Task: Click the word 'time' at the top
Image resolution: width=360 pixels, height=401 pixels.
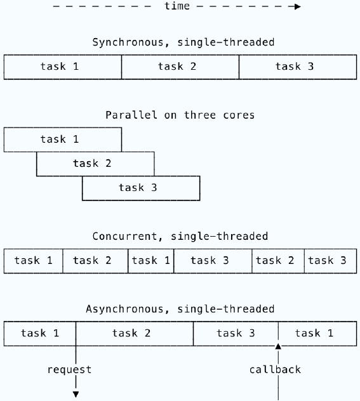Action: pyautogui.click(x=177, y=6)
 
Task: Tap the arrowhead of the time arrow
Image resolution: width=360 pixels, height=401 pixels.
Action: pyautogui.click(x=297, y=6)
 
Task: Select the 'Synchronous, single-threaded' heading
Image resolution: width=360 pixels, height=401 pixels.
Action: pyautogui.click(x=183, y=43)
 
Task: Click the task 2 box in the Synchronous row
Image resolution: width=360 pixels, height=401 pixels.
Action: pyautogui.click(x=180, y=67)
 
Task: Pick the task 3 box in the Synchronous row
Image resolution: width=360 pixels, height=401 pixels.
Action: pyautogui.click(x=298, y=67)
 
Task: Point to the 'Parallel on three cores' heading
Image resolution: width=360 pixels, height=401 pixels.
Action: pyautogui.click(x=180, y=115)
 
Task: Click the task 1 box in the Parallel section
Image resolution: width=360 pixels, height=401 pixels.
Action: pyautogui.click(x=63, y=140)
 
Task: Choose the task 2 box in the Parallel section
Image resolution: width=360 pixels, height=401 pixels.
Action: pyautogui.click(x=95, y=164)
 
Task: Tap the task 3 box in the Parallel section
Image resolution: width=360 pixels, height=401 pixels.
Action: pyautogui.click(x=141, y=188)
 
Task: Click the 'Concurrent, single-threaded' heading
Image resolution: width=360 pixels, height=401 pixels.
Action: pyautogui.click(x=180, y=236)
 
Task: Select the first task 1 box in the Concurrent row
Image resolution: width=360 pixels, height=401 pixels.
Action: pyautogui.click(x=33, y=261)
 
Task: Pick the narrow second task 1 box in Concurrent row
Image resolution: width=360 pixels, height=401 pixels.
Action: pyautogui.click(x=151, y=261)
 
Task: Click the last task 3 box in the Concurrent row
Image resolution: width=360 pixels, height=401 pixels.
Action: pyautogui.click(x=331, y=261)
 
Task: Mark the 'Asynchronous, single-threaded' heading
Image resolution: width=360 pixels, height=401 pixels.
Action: pyautogui.click(x=180, y=309)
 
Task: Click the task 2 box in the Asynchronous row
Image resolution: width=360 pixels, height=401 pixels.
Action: pyautogui.click(x=135, y=334)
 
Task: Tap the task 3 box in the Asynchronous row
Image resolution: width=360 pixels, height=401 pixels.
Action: pyautogui.click(x=236, y=334)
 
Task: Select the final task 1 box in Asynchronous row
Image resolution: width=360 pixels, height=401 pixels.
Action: pyautogui.click(x=317, y=334)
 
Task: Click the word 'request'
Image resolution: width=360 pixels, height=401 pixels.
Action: pyautogui.click(x=69, y=370)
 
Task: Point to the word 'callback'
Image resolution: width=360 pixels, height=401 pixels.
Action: pyautogui.click(x=275, y=369)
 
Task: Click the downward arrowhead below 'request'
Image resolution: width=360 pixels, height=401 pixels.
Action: pyautogui.click(x=76, y=395)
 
